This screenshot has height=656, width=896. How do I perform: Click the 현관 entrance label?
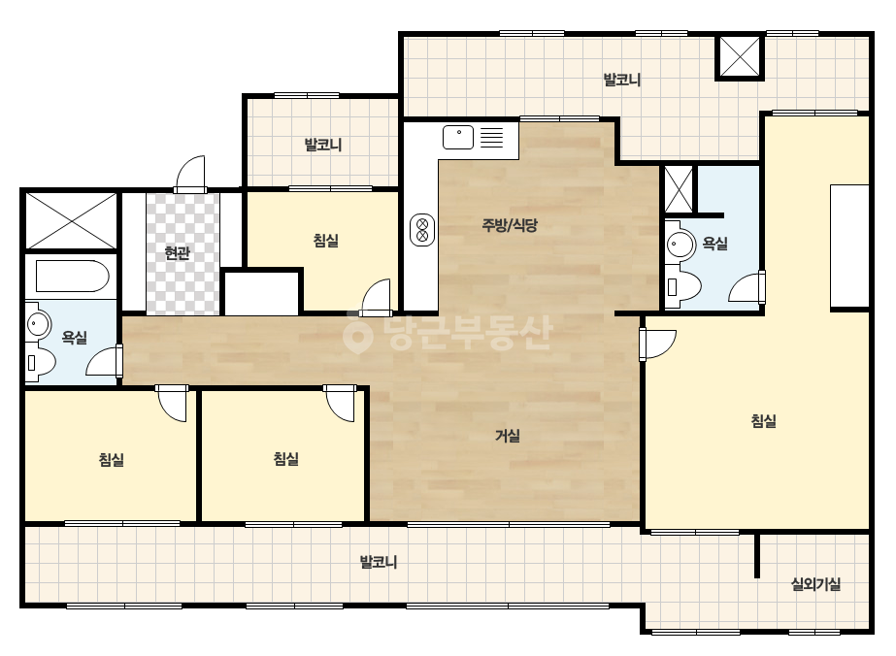[x=177, y=252]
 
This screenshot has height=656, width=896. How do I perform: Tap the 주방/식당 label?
[x=510, y=225]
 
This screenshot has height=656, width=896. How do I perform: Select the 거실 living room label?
[x=508, y=436]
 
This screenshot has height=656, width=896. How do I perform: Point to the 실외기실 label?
[x=815, y=584]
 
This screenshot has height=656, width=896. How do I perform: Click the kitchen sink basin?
[x=458, y=137]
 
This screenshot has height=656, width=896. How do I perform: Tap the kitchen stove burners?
[x=422, y=230]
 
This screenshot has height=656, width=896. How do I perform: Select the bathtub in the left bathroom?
[x=72, y=277]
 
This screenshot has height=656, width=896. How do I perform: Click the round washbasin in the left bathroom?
[x=38, y=323]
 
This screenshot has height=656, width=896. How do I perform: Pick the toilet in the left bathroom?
[x=40, y=361]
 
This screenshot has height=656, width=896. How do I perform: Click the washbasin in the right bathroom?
[x=680, y=245]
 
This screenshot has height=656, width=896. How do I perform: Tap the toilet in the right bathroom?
[x=682, y=285]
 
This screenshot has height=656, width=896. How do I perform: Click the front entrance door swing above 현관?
[x=190, y=175]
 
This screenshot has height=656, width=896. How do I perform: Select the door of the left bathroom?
[x=104, y=361]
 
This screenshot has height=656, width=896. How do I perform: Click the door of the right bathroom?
[x=747, y=287]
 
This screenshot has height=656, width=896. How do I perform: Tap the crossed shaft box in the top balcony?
[x=740, y=56]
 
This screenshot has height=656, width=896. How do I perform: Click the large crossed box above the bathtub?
[x=72, y=220]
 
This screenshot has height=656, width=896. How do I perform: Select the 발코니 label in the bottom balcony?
[x=379, y=562]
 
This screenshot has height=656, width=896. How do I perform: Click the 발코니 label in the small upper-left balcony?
[x=323, y=144]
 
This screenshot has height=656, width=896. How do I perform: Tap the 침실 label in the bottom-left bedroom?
[x=112, y=459]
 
